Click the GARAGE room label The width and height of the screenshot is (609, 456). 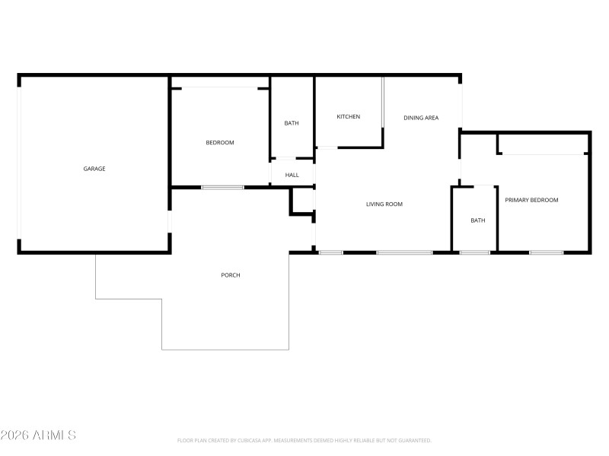tap(94, 169)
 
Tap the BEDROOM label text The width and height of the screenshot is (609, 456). tap(220, 143)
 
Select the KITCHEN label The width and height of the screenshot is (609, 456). tap(349, 117)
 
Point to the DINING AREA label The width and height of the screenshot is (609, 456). tap(421, 118)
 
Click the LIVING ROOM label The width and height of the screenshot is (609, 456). tap(384, 204)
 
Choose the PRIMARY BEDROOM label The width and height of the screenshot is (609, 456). tap(531, 200)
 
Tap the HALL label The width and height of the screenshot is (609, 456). tap(292, 175)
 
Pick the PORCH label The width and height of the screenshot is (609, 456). tap(231, 275)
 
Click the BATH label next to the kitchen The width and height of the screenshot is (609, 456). tap(292, 123)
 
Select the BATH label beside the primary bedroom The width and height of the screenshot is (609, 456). tap(477, 220)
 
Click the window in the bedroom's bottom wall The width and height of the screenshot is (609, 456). tap(222, 187)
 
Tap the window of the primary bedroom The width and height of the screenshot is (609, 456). tap(547, 252)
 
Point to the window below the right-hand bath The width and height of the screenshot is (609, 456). tap(475, 252)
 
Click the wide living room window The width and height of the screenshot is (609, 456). tap(404, 252)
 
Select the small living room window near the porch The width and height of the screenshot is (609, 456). tap(331, 252)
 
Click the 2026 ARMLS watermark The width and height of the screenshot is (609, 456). tap(38, 435)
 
